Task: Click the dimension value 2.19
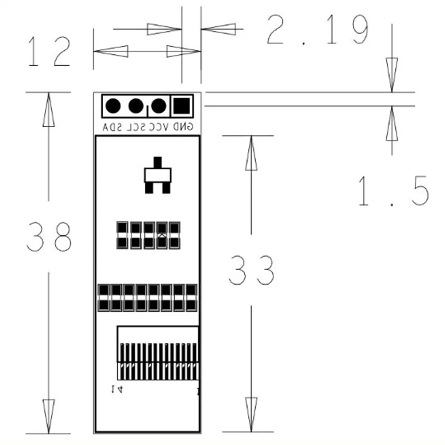[317, 30]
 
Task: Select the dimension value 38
[49, 236]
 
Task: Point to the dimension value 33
[251, 270]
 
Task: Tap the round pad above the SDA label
[113, 106]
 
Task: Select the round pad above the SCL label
[135, 106]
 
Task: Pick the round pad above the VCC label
[158, 106]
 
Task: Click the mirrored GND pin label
[182, 127]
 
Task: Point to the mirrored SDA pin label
[112, 127]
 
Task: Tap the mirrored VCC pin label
[159, 127]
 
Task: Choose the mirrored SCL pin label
[135, 127]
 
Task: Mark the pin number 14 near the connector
[117, 390]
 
